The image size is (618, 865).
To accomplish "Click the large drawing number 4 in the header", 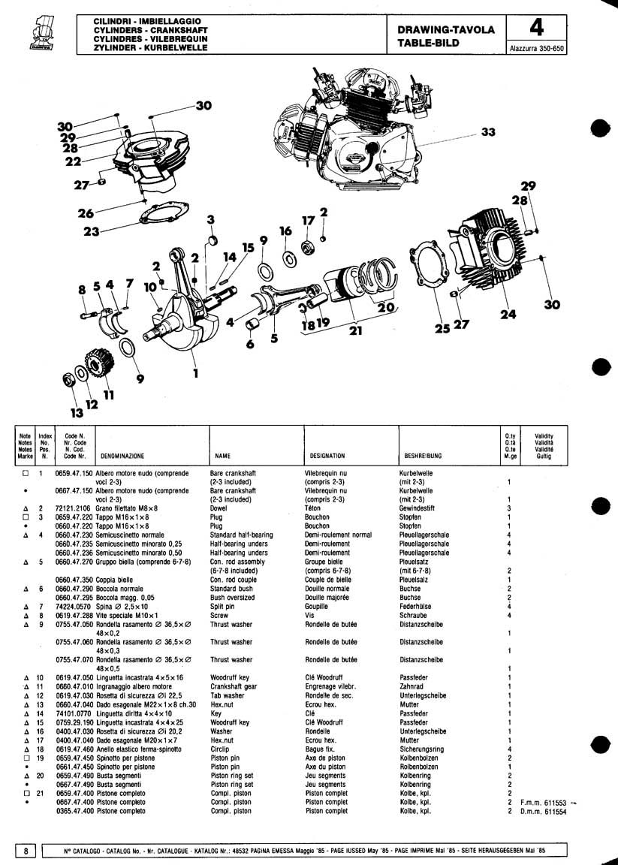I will click(537, 29).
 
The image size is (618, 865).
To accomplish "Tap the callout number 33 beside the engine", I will click(489, 132).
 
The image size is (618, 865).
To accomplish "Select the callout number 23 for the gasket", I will click(92, 232).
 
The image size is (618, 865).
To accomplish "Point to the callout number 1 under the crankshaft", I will click(195, 372).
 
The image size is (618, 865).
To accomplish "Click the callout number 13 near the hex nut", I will click(76, 412).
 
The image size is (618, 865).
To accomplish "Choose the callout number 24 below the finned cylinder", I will click(508, 315).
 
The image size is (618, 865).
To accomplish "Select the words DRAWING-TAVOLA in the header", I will click(446, 30).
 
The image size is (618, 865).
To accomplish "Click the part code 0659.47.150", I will click(74, 474).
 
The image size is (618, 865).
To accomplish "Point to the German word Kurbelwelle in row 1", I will click(418, 474).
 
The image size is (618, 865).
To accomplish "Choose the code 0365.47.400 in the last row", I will click(74, 812).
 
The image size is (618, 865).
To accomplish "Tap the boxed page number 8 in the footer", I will click(26, 851).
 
